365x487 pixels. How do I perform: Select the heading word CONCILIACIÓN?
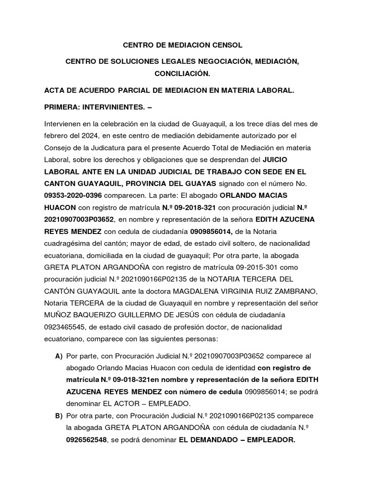[182, 74]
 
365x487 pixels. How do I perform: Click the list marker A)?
[59, 356]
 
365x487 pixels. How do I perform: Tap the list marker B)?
[59, 416]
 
